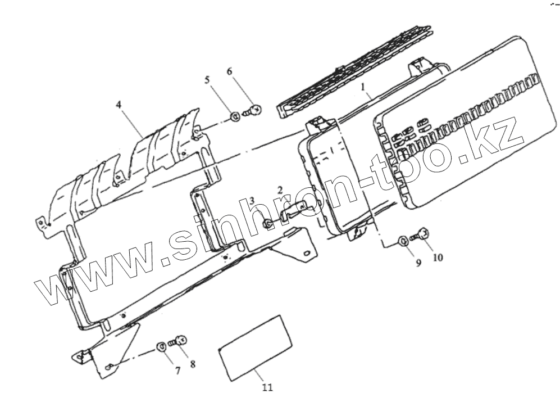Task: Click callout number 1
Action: (363, 88)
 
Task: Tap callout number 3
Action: (253, 201)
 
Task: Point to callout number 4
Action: (119, 105)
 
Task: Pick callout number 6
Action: (229, 71)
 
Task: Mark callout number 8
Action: (193, 364)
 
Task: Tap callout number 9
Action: (418, 263)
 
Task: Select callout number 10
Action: (438, 258)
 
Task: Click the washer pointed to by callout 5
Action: (234, 117)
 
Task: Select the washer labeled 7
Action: (161, 345)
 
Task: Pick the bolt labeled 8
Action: (179, 340)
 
